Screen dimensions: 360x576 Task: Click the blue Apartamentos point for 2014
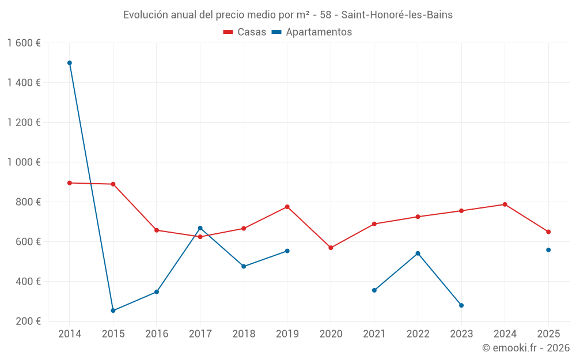tap(70, 63)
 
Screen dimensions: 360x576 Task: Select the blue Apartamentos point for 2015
tap(113, 310)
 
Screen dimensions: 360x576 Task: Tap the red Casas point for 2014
tap(70, 183)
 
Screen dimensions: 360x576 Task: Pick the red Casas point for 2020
tap(331, 248)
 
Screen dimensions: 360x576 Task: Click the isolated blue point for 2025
tap(548, 250)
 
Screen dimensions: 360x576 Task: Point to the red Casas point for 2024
tap(505, 204)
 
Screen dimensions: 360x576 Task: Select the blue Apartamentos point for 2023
tap(461, 305)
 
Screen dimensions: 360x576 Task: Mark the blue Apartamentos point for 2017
tap(200, 228)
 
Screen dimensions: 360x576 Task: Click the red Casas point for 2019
tap(287, 207)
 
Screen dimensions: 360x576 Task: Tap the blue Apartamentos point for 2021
tap(374, 290)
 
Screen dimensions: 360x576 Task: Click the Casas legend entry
tap(245, 32)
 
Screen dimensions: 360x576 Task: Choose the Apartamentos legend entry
tap(312, 32)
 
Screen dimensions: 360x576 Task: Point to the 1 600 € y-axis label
tap(24, 43)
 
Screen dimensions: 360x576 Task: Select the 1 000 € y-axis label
tap(24, 162)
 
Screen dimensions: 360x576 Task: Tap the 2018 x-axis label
tap(244, 334)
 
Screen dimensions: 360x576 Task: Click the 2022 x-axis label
tap(418, 334)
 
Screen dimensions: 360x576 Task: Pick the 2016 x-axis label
tap(157, 334)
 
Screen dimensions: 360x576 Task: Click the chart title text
tap(288, 15)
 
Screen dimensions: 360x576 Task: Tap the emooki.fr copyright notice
tap(525, 348)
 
